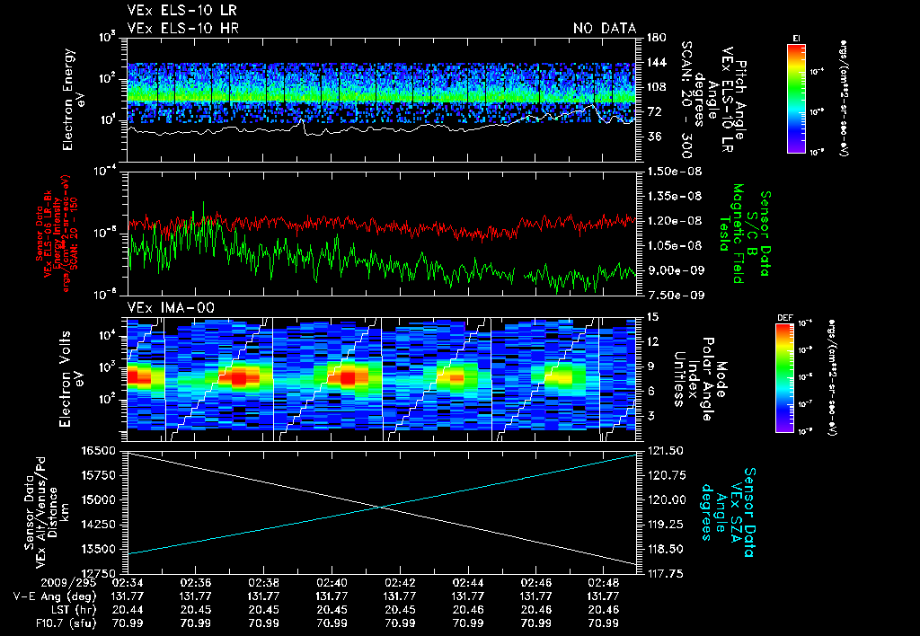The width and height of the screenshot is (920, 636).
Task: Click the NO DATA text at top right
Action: (x=604, y=29)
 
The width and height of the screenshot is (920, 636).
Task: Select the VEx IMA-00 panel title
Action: (x=163, y=307)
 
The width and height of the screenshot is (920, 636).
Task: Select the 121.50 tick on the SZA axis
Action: (x=664, y=450)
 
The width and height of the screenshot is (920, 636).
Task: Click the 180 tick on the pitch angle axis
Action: (x=656, y=37)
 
